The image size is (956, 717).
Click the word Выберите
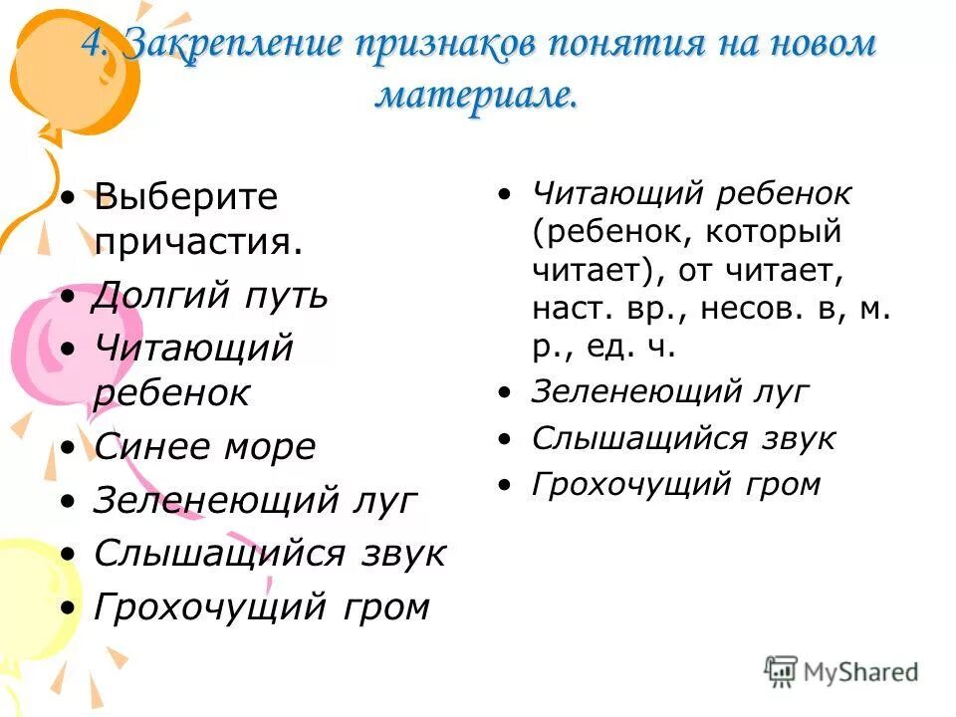185,196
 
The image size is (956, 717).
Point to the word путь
288,296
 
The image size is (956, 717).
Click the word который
775,232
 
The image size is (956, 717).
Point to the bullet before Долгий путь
67,298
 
